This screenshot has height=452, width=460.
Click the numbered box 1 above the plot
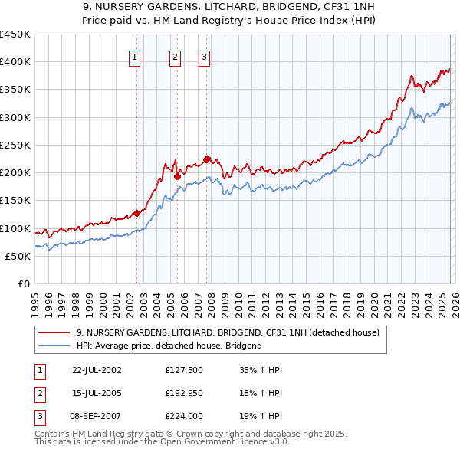135,56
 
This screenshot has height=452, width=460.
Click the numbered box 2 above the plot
175,56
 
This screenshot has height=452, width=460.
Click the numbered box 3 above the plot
205,56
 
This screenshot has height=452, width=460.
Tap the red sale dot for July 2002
137,213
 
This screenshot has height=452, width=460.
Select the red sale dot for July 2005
177,176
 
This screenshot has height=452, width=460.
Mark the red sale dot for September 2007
207,159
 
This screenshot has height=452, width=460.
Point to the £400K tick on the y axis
15,62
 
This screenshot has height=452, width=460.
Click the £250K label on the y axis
15,145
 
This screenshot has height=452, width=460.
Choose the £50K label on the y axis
18,256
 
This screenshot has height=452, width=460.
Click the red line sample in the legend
54,333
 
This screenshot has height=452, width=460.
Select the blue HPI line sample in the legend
54,346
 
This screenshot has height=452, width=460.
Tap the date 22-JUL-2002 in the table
97,370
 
